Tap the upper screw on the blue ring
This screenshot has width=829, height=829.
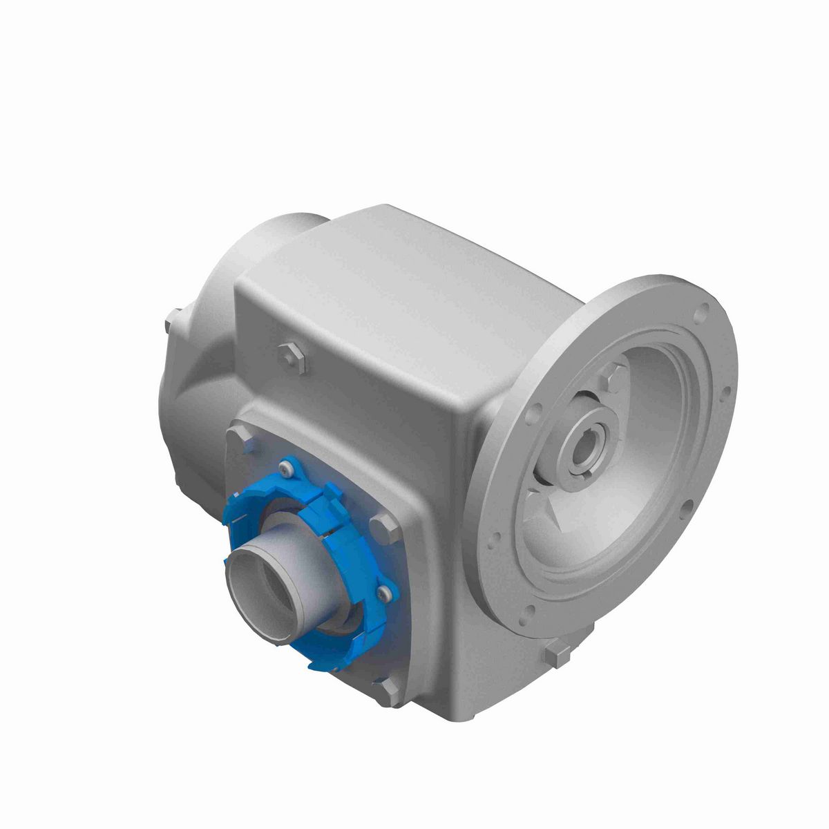(285, 470)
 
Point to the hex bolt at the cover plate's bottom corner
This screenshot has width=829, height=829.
(387, 689)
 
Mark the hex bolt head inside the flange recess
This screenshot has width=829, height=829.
(609, 379)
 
